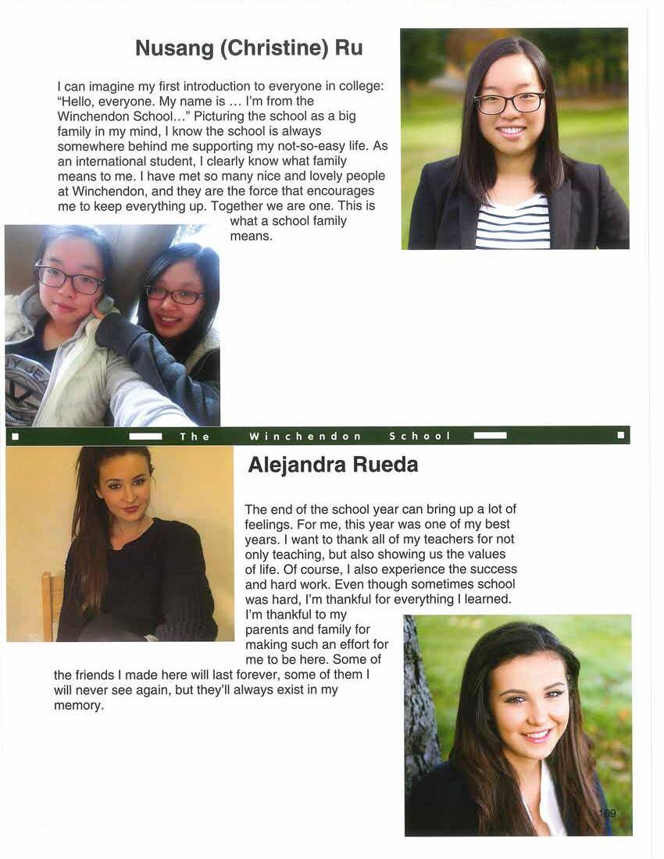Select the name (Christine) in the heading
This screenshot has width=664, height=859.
click(273, 48)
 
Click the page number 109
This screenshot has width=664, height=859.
click(607, 814)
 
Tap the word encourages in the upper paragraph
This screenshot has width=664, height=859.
click(343, 191)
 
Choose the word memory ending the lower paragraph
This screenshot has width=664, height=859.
click(78, 705)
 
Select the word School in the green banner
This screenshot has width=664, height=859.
click(420, 436)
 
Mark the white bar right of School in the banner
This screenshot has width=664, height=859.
click(490, 436)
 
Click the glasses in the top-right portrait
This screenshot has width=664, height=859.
click(509, 102)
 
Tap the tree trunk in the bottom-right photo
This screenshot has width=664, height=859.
click(420, 703)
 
